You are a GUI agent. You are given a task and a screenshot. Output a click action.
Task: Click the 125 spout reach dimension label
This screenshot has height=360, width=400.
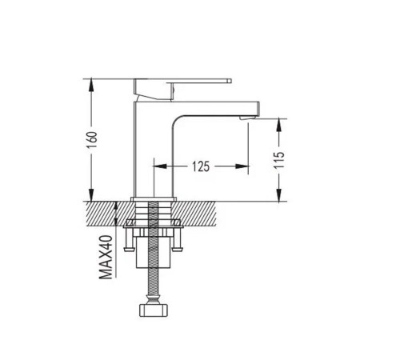pyautogui.click(x=201, y=166)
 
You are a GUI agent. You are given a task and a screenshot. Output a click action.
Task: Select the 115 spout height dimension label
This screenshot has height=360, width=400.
pyautogui.click(x=279, y=160)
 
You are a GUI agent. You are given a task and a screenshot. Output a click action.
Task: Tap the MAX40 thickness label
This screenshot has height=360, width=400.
pyautogui.click(x=106, y=257)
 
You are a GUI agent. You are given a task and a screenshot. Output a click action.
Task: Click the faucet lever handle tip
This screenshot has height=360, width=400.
pyautogui.click(x=229, y=81)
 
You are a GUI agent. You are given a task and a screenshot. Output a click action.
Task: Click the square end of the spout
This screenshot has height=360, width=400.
pyautogui.click(x=257, y=110)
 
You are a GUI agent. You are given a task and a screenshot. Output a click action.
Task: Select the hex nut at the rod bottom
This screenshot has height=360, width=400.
pyautogui.click(x=154, y=310)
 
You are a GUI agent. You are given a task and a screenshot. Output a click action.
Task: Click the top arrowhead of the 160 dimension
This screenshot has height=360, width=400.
pyautogui.click(x=91, y=84)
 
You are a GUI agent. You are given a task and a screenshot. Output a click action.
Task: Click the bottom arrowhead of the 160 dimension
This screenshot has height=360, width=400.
pyautogui.click(x=91, y=195)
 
